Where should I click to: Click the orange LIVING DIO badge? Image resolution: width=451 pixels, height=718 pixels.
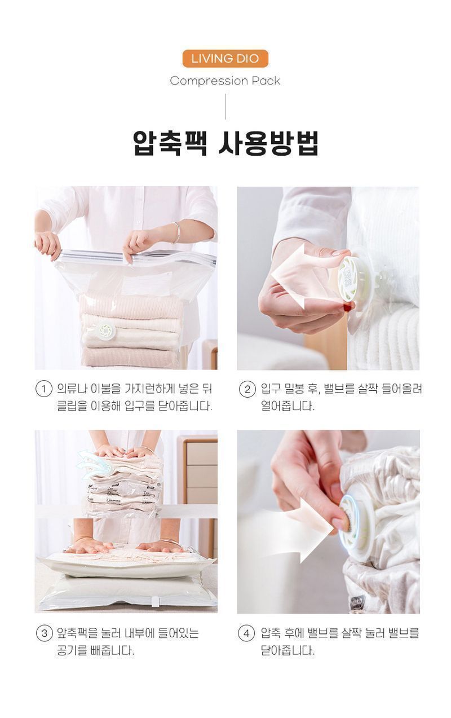(x=225, y=58)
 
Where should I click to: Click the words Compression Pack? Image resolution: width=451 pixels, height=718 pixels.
(x=225, y=81)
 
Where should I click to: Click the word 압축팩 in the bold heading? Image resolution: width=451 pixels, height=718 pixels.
(x=170, y=143)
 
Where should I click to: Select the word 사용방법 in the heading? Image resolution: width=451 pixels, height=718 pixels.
(x=268, y=143)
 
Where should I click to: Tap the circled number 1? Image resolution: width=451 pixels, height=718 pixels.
(x=43, y=389)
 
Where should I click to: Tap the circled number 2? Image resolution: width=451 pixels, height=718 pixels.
(x=247, y=389)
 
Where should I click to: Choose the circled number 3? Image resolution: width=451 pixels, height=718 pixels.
(x=43, y=633)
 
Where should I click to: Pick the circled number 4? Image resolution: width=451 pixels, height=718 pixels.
(x=247, y=633)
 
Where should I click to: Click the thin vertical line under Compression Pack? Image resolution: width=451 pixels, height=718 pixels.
(x=225, y=107)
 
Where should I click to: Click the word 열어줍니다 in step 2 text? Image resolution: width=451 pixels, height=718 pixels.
(x=288, y=406)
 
